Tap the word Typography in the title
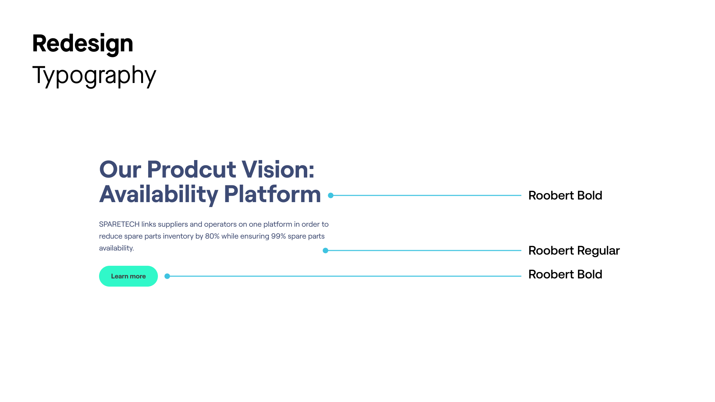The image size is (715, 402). [94, 76]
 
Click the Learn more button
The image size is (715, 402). [128, 276]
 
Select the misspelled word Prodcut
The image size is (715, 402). [191, 169]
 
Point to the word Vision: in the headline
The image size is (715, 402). [278, 169]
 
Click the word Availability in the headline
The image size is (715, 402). [159, 194]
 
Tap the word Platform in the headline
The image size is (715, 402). [272, 194]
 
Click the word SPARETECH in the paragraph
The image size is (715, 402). [119, 224]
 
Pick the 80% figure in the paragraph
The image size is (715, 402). [212, 236]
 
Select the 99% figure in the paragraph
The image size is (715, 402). [278, 236]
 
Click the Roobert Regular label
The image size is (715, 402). [574, 251]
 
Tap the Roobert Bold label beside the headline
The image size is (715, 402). [565, 195]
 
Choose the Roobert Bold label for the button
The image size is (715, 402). [565, 274]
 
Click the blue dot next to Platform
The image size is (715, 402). [331, 195]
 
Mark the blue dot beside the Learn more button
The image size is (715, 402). [167, 276]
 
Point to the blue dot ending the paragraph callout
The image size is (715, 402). [325, 251]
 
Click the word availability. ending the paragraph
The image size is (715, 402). [117, 248]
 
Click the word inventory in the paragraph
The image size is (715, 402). [178, 236]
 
